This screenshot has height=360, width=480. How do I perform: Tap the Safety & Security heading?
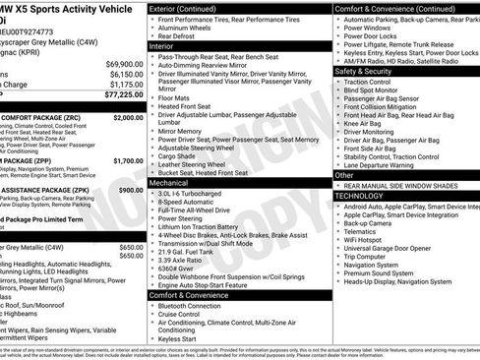click(368, 71)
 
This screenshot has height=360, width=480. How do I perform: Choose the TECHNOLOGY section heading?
click(361, 196)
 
